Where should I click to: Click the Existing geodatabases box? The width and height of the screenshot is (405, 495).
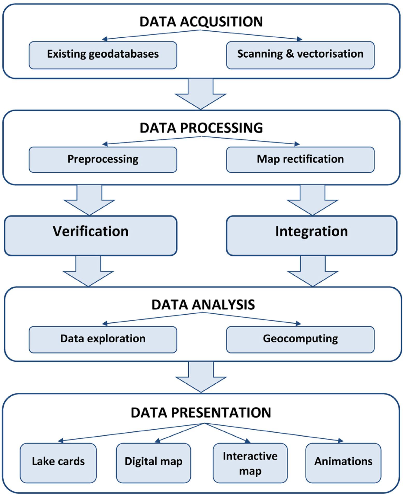[x=103, y=55]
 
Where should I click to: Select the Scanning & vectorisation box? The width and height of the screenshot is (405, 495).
[x=300, y=55]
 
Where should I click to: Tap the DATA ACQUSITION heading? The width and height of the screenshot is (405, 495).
[x=201, y=22]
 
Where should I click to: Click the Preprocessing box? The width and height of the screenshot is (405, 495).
[x=103, y=159]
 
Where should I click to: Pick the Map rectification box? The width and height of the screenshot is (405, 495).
[x=300, y=159]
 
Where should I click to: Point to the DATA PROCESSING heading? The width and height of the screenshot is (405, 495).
[x=201, y=128]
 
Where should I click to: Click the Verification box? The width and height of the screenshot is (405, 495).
[x=91, y=235]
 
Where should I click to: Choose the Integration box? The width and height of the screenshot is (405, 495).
[x=311, y=235]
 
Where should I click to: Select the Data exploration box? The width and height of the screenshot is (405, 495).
[x=103, y=339]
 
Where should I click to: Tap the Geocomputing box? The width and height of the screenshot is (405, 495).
[x=300, y=339]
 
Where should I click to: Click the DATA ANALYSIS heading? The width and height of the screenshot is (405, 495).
[x=203, y=304]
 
